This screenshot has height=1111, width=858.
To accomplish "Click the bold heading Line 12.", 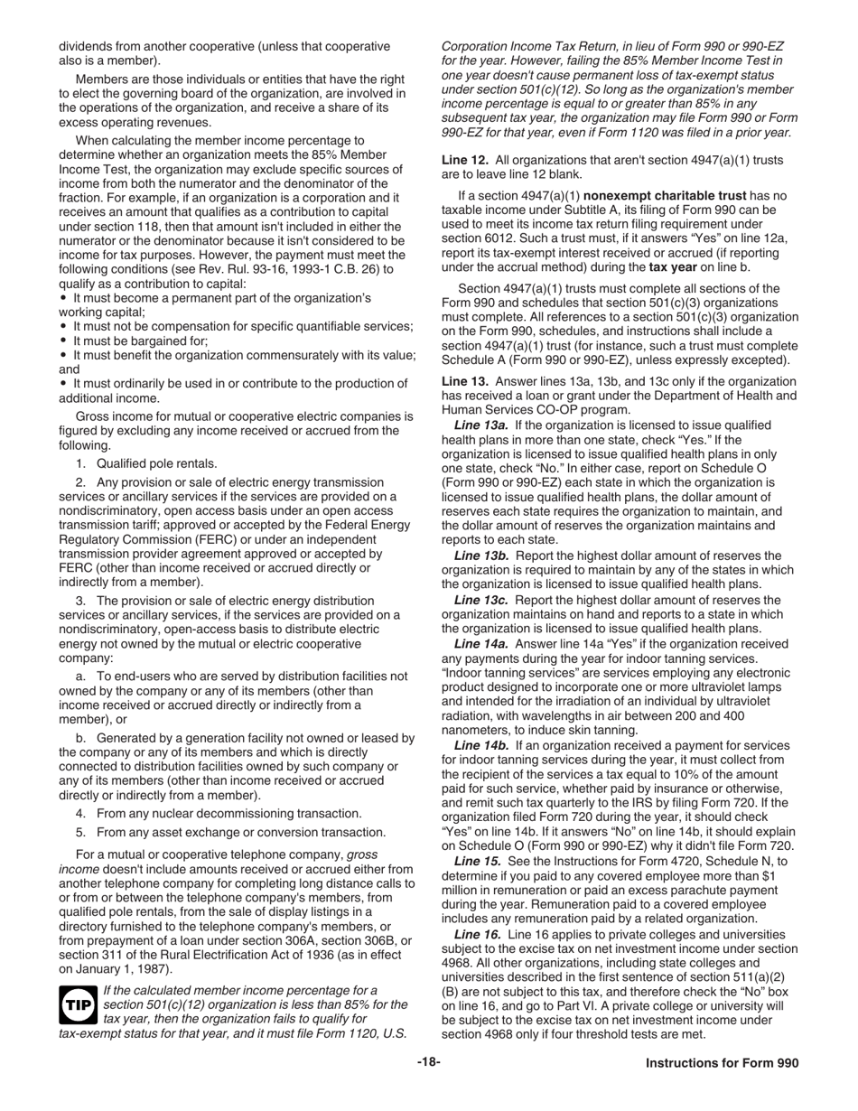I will point(463,160).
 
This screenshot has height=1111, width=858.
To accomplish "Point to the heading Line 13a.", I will point(481,425).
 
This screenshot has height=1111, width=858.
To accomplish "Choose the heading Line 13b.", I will point(481,555).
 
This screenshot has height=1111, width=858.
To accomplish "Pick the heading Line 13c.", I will point(481,600).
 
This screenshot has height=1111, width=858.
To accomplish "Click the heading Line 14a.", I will point(481,644).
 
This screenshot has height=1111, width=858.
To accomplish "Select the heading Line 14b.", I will point(481,745).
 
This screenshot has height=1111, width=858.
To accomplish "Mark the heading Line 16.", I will point(478,933).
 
